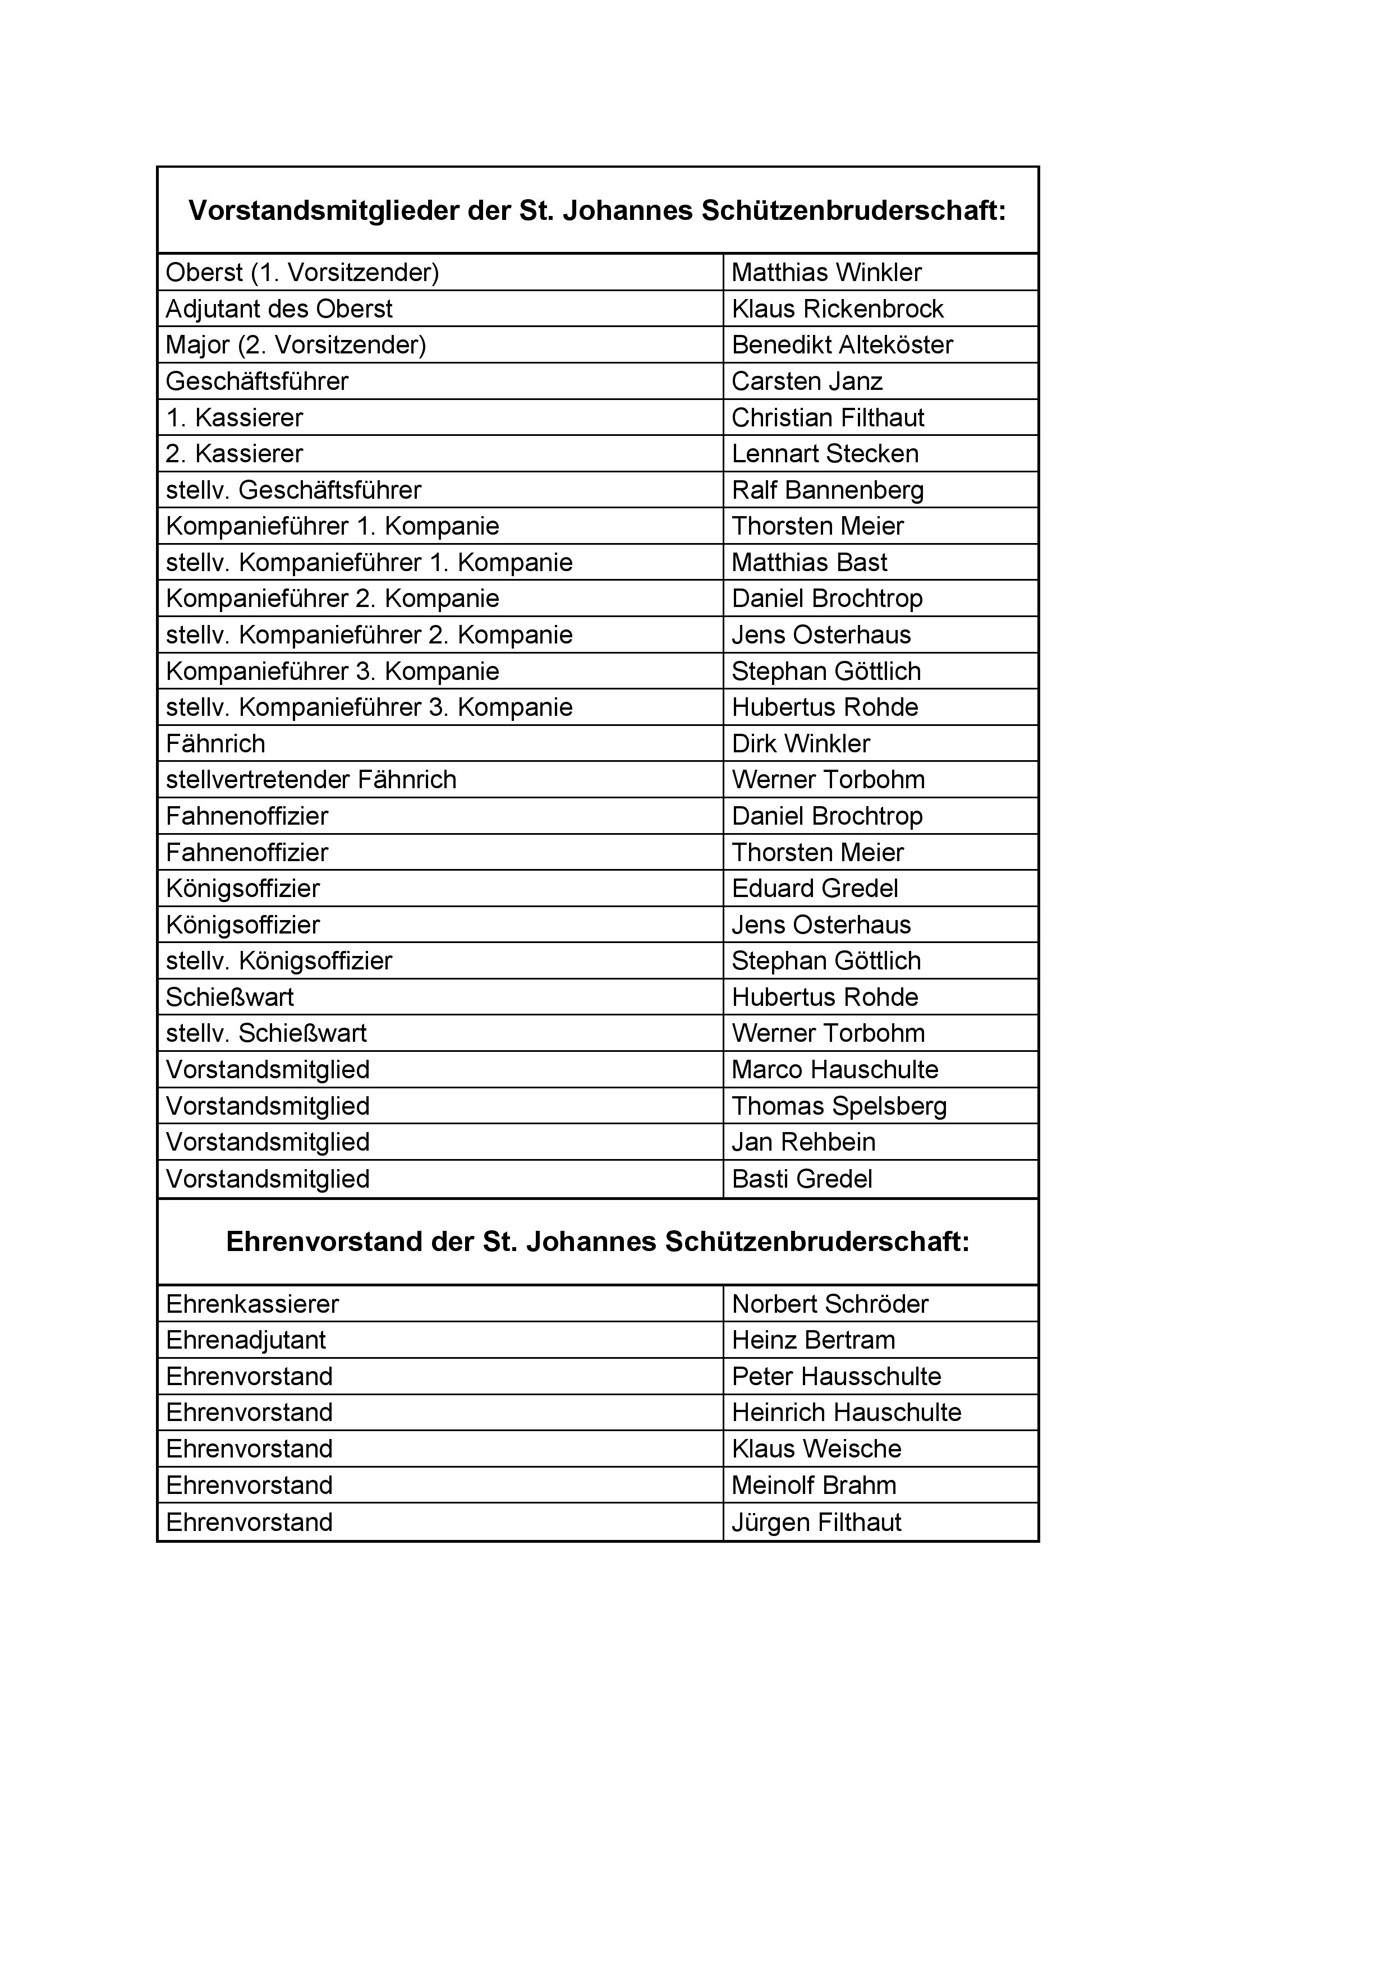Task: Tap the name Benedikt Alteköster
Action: pos(842,344)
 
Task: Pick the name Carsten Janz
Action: pos(807,381)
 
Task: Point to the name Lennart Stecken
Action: pos(825,453)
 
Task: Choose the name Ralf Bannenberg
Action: pos(827,490)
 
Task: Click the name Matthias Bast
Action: pos(809,562)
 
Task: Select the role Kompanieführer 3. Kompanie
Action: pos(332,671)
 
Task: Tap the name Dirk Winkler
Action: pos(801,744)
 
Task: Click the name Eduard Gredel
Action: pos(814,889)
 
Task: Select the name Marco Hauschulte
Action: pos(835,1070)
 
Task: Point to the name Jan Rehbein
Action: pos(803,1143)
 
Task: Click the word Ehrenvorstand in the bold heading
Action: pos(323,1242)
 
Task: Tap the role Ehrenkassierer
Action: pos(252,1304)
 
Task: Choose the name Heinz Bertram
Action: pos(812,1341)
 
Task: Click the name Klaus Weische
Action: pos(816,1450)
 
